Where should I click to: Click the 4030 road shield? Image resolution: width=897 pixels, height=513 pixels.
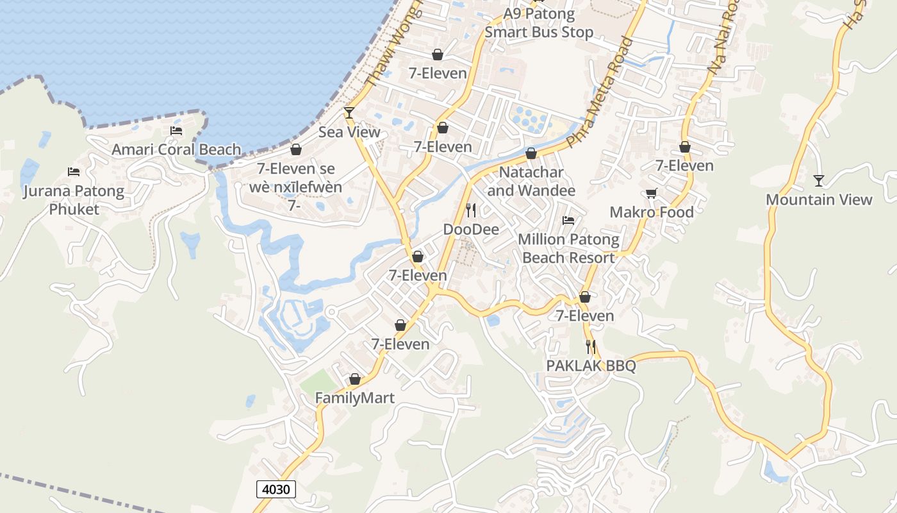click(x=277, y=489)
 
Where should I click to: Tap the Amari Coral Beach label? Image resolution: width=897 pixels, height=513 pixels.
click(x=176, y=149)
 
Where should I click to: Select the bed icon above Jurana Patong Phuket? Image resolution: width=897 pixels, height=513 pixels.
click(x=74, y=172)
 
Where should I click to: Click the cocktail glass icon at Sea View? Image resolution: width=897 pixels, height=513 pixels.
click(x=349, y=113)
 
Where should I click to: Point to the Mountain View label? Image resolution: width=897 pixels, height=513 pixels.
click(x=819, y=199)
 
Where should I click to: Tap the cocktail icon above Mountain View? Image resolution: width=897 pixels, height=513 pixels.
click(x=818, y=180)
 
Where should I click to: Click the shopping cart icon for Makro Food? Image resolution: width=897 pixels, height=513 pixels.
click(x=652, y=193)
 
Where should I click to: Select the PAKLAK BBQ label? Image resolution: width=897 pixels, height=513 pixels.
click(x=591, y=366)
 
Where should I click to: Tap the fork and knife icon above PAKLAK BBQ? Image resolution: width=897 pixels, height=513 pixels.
click(x=591, y=347)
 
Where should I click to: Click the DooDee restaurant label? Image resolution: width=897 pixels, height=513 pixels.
click(x=471, y=229)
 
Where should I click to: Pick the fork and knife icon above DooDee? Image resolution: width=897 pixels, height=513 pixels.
click(x=471, y=210)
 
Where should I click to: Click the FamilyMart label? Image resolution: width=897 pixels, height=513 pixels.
click(x=354, y=398)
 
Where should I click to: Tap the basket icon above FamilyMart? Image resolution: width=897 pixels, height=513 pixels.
click(x=354, y=379)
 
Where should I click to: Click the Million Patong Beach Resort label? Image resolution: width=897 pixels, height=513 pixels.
click(x=568, y=248)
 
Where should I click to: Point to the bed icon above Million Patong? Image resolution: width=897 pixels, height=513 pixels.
click(x=568, y=221)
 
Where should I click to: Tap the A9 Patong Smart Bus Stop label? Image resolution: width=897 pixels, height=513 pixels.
click(x=539, y=23)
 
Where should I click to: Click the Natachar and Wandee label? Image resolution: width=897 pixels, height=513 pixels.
click(x=531, y=181)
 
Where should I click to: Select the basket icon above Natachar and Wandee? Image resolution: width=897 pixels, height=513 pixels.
click(x=531, y=153)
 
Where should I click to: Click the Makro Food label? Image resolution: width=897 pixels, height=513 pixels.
click(x=652, y=212)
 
